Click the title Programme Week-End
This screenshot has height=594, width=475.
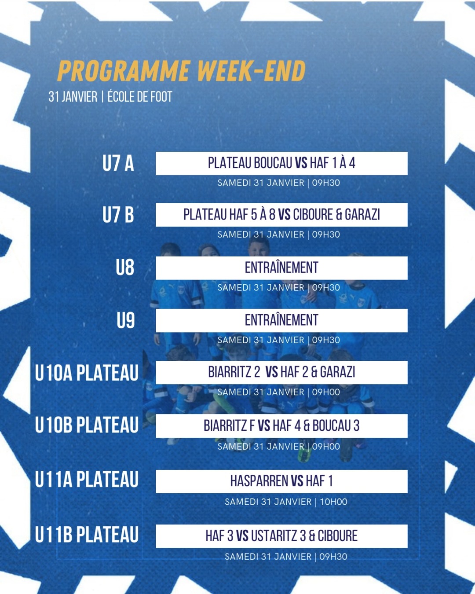(x=181, y=71)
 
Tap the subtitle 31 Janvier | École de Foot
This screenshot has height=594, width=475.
(x=110, y=97)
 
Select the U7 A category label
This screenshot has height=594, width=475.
(x=118, y=163)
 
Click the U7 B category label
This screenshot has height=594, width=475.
(x=118, y=215)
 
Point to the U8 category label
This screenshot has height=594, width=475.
(x=125, y=268)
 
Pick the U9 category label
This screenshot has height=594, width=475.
(x=126, y=320)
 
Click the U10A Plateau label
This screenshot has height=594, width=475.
(x=87, y=373)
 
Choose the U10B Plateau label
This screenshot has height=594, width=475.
(x=87, y=425)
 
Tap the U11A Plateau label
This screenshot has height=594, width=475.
(x=87, y=480)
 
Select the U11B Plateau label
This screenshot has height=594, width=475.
(x=87, y=535)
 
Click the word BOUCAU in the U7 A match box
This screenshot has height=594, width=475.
(x=273, y=163)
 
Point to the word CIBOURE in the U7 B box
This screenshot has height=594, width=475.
(x=313, y=215)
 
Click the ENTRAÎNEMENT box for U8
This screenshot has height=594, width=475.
(x=281, y=268)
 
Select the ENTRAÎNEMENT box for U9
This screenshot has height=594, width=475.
(x=281, y=320)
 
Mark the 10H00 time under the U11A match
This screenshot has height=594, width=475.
(x=333, y=502)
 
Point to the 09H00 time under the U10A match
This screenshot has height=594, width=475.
(x=326, y=392)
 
